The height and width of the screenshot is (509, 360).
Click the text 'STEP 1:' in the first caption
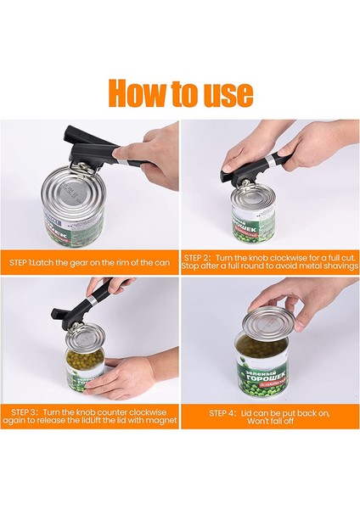[x=20, y=262]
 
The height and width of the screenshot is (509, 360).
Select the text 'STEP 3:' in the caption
[x=25, y=412]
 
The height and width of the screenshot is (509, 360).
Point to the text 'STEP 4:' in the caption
[x=222, y=413]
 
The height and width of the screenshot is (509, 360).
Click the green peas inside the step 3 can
[x=84, y=361]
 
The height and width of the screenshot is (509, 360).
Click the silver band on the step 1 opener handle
[x=122, y=159]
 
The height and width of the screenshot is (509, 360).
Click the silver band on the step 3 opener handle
[x=92, y=299]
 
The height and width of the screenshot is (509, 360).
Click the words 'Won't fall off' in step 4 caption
[x=270, y=421]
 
